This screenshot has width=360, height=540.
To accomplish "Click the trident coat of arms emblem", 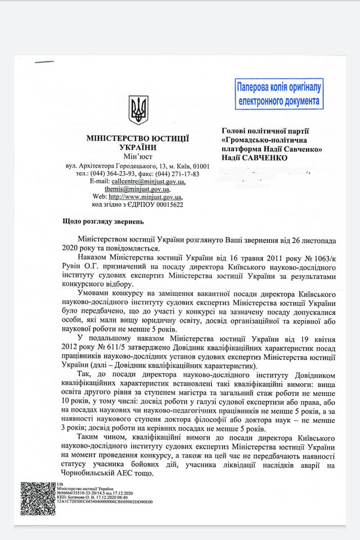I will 138,109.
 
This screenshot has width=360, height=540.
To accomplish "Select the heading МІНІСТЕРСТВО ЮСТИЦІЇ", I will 137,138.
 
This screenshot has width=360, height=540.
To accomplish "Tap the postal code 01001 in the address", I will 200,166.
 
